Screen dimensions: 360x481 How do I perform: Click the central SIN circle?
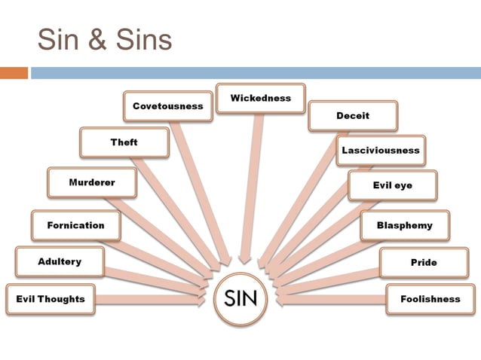coord(240,299)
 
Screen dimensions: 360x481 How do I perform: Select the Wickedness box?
coord(260,99)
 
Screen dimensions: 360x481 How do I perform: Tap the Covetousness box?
coord(167,106)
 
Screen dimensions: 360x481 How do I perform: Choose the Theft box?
coord(124,142)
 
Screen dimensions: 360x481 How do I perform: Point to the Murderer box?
coord(91,183)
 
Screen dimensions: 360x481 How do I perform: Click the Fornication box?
coord(75,225)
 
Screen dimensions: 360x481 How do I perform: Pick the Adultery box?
coord(60,262)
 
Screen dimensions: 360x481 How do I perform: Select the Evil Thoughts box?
coord(51,299)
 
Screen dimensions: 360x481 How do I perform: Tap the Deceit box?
coord(353,116)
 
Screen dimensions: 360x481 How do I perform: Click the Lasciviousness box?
coord(381,150)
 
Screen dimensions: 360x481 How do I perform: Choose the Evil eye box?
coord(392,185)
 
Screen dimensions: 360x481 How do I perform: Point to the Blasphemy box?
coord(404,225)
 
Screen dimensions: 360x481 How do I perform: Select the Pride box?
coord(423,263)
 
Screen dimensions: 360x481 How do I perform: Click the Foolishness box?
coord(430,299)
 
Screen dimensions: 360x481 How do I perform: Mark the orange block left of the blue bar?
coord(14,73)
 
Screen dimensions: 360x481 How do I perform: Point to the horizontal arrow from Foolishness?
coord(332,299)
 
